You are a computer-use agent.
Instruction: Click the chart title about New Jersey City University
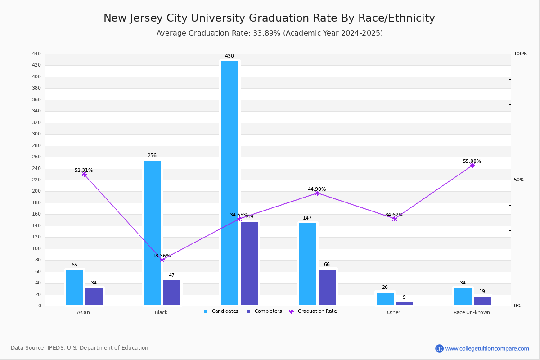coord(269,18)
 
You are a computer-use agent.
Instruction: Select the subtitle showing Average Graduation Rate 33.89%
coord(269,33)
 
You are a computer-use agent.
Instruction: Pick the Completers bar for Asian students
coord(94,297)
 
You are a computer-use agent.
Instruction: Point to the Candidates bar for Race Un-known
coord(463,297)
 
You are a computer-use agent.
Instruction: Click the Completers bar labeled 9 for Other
coord(405,304)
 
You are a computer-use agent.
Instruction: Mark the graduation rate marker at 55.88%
coord(472,166)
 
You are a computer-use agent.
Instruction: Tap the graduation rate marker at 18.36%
coord(162,260)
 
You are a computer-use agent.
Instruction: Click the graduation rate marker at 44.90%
coord(317,193)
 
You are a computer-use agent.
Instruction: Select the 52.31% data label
coord(84,171)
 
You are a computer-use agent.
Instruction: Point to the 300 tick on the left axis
coord(36,134)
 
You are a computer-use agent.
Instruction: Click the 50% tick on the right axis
coord(519,180)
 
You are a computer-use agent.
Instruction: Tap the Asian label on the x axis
coord(83,312)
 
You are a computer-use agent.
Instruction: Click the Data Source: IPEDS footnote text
coord(80,348)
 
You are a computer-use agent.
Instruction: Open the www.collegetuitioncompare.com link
coord(487,348)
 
